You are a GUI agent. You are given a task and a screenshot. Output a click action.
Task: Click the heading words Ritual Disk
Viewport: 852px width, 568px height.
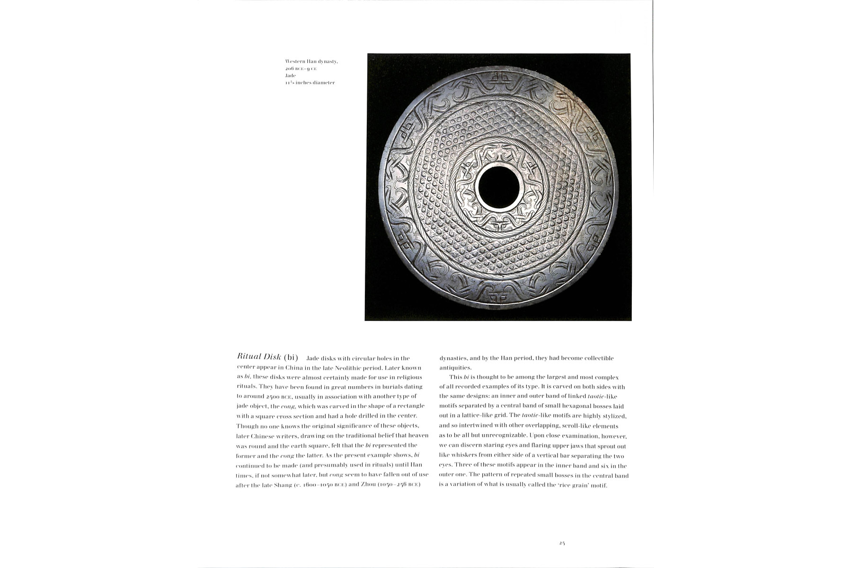coord(259,357)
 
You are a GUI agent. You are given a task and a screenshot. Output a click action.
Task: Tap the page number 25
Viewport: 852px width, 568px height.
coord(562,543)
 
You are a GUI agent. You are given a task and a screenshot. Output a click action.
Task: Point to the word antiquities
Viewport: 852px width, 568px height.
coord(455,368)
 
